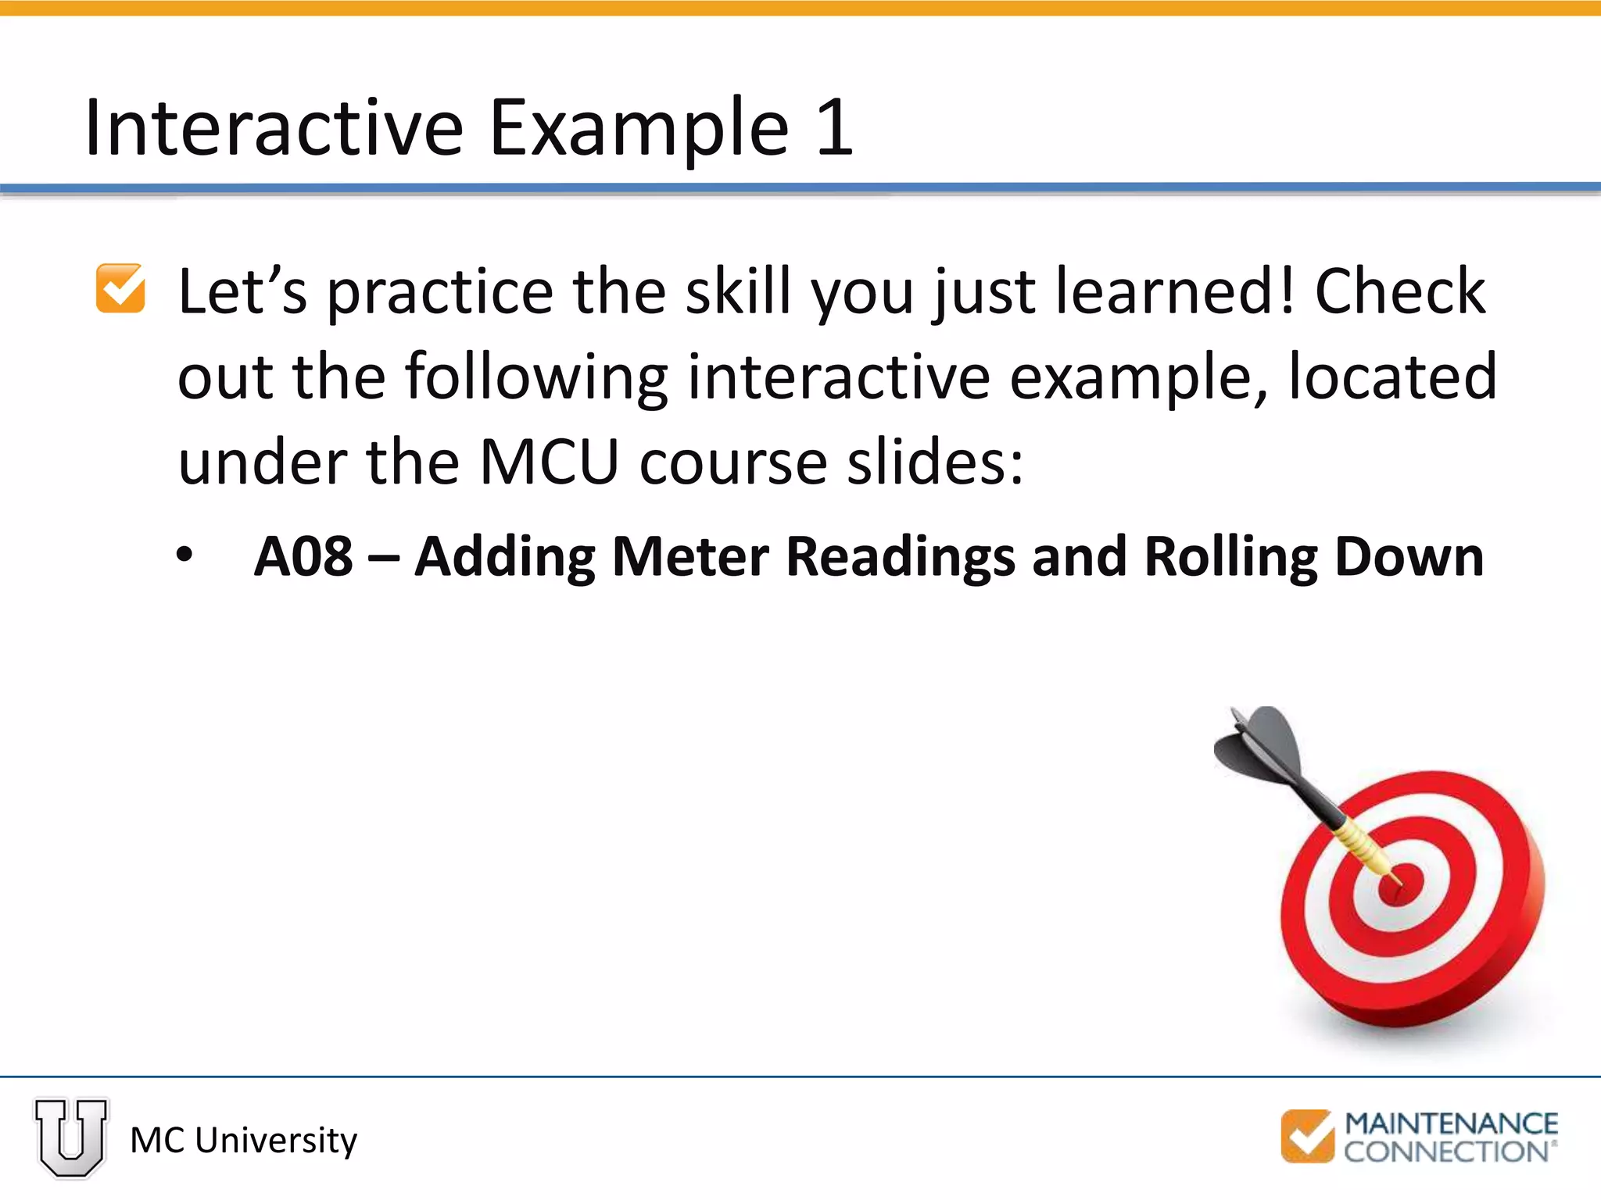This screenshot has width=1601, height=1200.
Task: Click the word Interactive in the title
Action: [x=274, y=129]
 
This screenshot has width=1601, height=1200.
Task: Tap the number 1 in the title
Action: [x=834, y=129]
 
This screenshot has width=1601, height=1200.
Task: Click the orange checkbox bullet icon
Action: [x=120, y=289]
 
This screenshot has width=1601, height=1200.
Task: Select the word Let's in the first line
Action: [x=242, y=292]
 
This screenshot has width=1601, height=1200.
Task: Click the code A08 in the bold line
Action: [x=303, y=557]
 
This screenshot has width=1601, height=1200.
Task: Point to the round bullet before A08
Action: [x=184, y=555]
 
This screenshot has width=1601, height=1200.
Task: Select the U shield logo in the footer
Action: [x=71, y=1137]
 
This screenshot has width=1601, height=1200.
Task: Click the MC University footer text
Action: [x=243, y=1141]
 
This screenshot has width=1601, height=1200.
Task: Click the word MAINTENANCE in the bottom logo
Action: [x=1451, y=1123]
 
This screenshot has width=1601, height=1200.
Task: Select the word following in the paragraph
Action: [x=536, y=378]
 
